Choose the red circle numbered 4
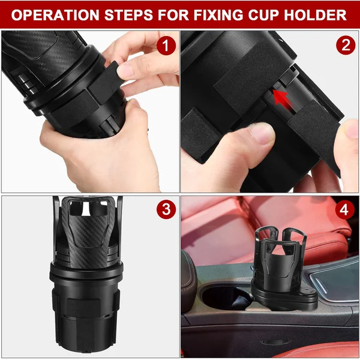pos(343,210)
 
